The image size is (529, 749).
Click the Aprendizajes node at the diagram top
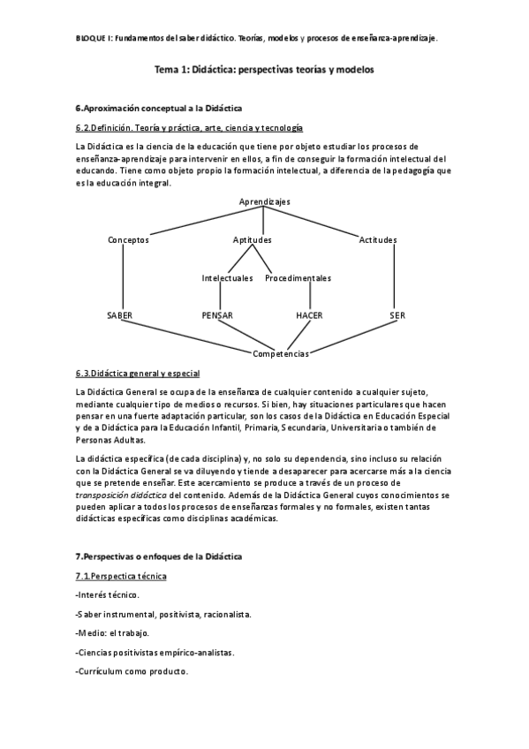(264, 201)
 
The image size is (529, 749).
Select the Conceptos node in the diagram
(128, 239)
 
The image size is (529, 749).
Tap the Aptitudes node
(252, 239)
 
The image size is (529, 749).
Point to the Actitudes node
(378, 239)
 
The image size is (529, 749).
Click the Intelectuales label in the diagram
(227, 278)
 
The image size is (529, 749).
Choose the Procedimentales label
(298, 278)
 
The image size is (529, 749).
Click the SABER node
(119, 314)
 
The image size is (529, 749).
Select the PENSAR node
(217, 314)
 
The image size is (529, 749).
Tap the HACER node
(310, 314)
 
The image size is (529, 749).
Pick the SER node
(397, 314)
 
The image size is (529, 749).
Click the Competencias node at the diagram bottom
(281, 353)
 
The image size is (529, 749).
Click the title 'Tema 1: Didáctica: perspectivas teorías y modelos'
(264, 68)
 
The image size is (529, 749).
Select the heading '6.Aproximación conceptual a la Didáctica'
(159, 108)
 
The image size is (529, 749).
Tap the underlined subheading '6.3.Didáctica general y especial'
(138, 373)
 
